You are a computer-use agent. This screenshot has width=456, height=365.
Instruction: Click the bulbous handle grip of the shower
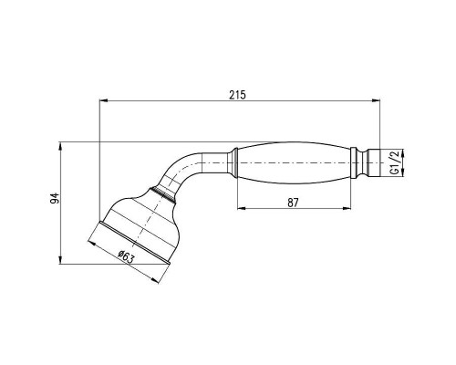(x=292, y=163)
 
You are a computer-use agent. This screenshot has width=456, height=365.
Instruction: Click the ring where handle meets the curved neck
(x=233, y=163)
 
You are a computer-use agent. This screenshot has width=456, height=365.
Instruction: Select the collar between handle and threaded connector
(x=353, y=163)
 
